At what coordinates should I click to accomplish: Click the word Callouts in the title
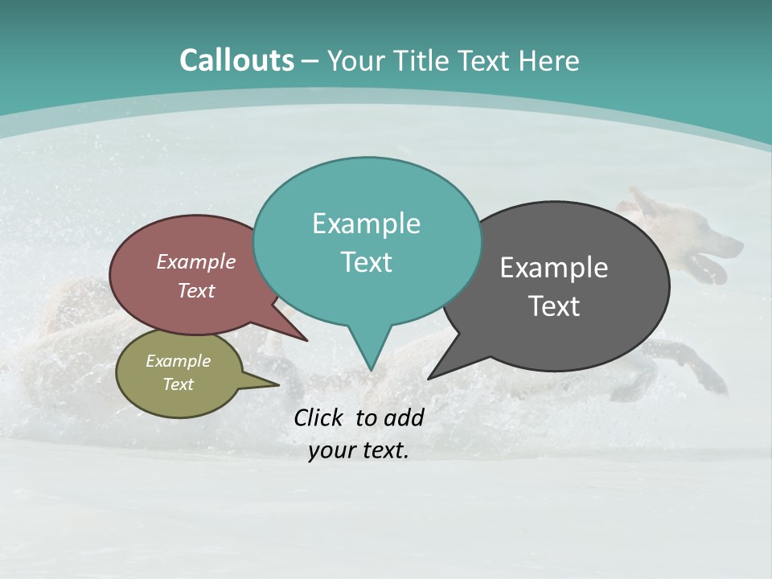(x=236, y=60)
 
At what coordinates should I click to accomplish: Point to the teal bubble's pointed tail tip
(x=371, y=369)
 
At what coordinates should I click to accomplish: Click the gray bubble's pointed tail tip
(x=429, y=378)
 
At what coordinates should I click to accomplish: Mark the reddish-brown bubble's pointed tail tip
(x=306, y=340)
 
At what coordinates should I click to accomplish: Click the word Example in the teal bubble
(x=366, y=224)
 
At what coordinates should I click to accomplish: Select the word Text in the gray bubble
(x=554, y=306)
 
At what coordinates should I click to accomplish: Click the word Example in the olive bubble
(x=178, y=361)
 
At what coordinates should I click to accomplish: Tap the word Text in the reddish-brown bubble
(x=196, y=291)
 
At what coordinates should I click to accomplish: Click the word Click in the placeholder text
(x=318, y=417)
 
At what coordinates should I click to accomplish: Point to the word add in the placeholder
(x=403, y=417)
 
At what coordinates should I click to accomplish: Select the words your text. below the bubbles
(x=358, y=451)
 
